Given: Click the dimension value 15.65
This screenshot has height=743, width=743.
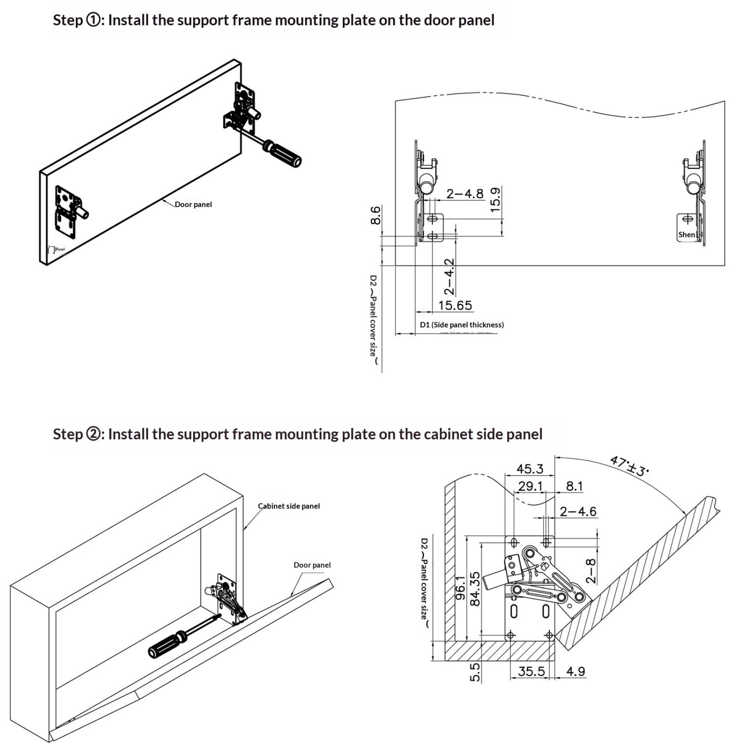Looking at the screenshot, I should (455, 305).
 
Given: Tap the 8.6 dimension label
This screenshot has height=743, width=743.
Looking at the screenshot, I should (375, 215).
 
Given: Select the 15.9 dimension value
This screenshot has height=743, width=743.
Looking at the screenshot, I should (495, 199).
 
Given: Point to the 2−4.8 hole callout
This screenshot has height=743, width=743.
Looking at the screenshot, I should (464, 193).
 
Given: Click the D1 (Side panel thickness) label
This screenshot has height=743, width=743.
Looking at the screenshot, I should (462, 325).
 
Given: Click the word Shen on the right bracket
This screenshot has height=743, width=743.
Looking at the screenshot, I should (686, 235).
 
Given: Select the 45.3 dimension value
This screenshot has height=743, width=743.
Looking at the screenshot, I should (529, 469).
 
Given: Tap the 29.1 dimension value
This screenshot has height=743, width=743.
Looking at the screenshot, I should (530, 486).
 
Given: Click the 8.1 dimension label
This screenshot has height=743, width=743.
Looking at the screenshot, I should (574, 486).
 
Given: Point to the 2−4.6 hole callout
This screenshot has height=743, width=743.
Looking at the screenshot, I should (578, 511).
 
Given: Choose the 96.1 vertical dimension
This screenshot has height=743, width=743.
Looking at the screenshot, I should (460, 587).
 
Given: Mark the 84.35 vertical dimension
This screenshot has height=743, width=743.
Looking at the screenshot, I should (475, 588).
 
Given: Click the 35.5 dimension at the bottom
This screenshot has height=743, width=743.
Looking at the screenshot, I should (531, 671).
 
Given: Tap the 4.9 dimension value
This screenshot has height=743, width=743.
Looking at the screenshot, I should (575, 671).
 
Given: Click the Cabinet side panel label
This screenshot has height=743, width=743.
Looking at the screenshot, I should (288, 506).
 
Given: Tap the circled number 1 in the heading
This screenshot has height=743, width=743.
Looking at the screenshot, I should (93, 20).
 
